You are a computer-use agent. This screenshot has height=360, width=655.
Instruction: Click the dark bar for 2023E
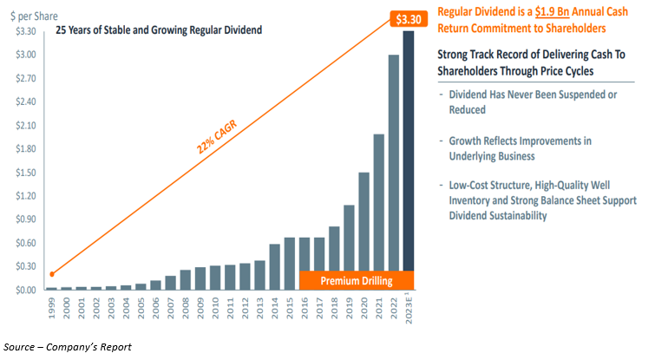[408, 160]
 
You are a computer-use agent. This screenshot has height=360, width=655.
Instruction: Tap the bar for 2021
[378, 212]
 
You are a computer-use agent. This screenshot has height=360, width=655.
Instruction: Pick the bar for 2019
[349, 247]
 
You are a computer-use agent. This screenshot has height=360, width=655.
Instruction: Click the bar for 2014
[274, 267]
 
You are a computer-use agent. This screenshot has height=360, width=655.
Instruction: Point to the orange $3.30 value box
[408, 17]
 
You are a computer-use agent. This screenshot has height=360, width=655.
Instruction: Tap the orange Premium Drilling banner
[356, 280]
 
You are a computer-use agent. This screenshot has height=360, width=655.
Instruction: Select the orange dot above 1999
[53, 274]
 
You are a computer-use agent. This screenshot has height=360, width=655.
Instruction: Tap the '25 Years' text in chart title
[79, 30]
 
